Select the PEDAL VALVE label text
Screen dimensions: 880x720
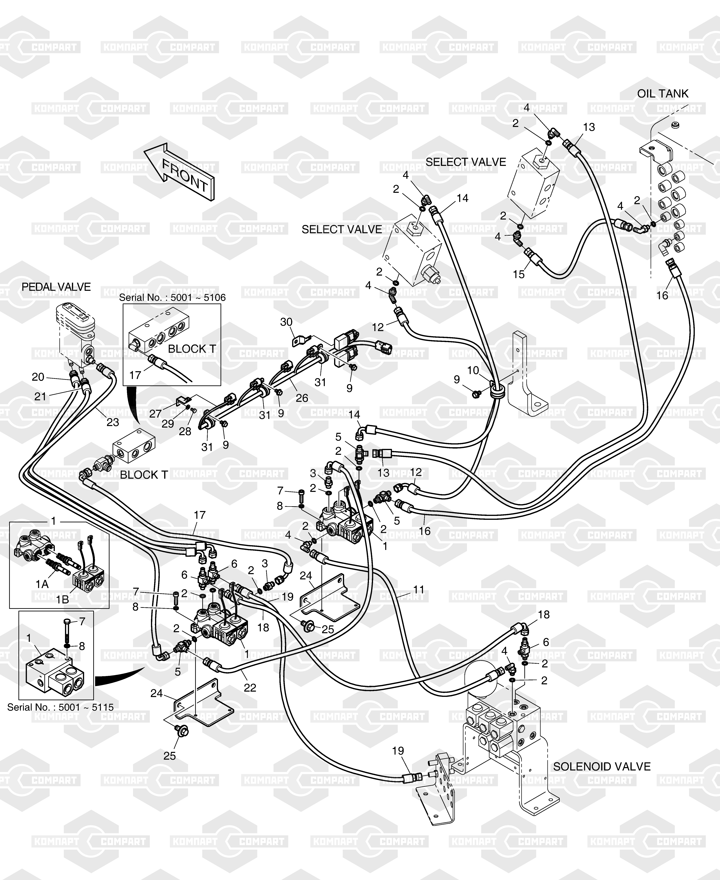56,287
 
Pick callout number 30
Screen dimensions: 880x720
286,322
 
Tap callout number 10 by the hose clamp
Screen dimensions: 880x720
473,370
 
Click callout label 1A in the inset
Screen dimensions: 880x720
42,584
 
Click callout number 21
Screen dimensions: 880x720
40,396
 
